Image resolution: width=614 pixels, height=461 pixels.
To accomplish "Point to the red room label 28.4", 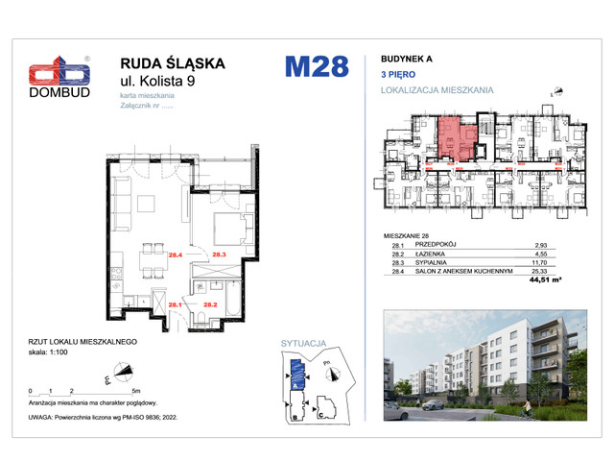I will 176,255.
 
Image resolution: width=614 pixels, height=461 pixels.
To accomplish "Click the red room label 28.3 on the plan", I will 219,255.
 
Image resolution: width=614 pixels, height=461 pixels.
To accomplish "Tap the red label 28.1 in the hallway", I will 176,305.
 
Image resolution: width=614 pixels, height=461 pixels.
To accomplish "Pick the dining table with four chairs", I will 152,257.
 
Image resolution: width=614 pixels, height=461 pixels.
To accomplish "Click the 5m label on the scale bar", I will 135,392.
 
